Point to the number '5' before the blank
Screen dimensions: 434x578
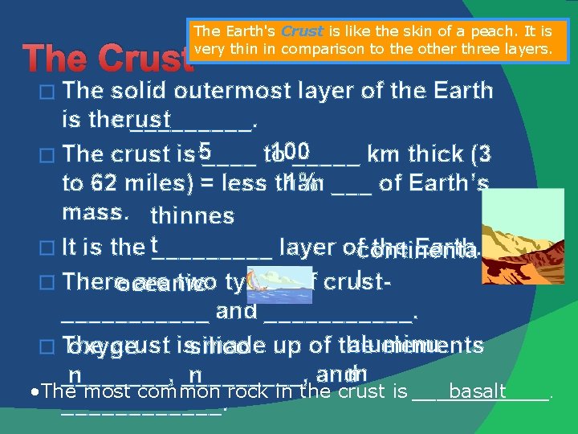206,150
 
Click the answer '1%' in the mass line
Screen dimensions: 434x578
298,181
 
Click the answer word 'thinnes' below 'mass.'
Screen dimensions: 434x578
192,215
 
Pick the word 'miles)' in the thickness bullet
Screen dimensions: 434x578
157,184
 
